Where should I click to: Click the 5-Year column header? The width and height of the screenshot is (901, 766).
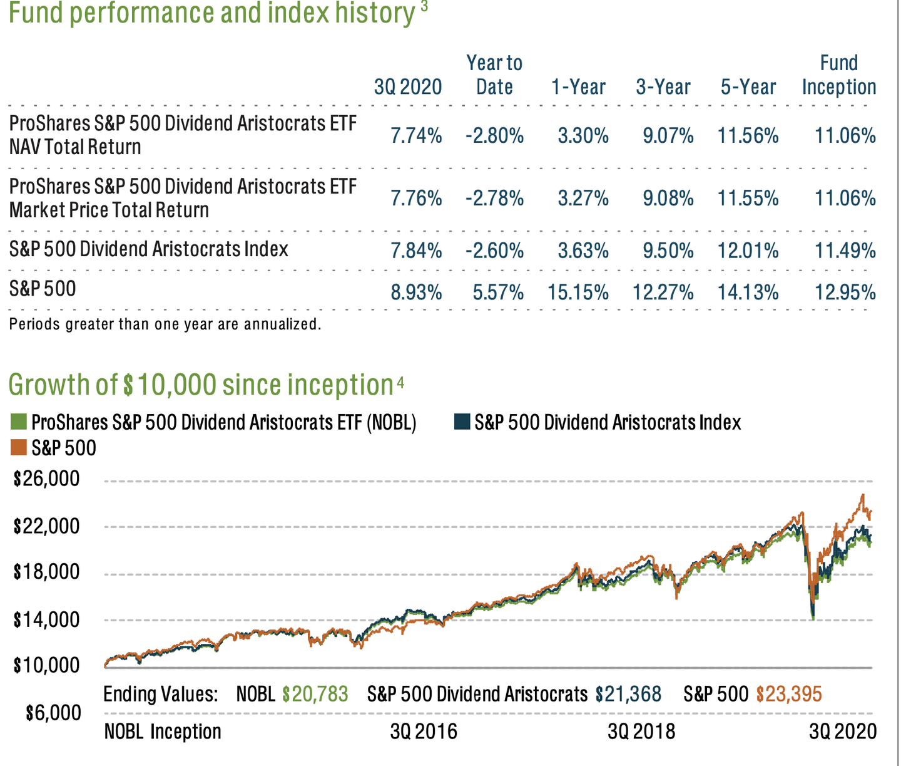(748, 86)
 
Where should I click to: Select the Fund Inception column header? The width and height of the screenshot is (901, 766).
(838, 75)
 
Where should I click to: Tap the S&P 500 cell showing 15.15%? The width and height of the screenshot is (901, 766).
(578, 292)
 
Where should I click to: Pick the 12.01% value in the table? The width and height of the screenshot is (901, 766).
(748, 251)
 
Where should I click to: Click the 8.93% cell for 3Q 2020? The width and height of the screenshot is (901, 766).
(416, 292)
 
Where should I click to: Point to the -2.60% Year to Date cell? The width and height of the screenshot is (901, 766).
(494, 251)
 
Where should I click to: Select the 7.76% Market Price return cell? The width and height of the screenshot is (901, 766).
(416, 199)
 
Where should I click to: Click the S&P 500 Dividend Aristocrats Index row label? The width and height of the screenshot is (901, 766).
(149, 249)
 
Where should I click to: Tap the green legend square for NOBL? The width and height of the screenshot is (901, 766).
(19, 422)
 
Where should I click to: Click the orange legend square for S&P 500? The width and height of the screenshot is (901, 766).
(19, 447)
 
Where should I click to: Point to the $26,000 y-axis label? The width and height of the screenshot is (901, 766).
(47, 479)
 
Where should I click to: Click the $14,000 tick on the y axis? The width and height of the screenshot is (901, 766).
(47, 619)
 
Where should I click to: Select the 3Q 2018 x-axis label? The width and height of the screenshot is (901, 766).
(641, 732)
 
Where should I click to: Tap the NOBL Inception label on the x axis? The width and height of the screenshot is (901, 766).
(163, 732)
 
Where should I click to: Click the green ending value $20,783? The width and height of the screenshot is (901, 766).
(315, 694)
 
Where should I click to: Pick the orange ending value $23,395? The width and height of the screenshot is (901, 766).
(788, 694)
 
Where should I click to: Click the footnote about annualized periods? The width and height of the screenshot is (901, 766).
(165, 324)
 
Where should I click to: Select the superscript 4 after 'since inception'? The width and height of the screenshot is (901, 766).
(400, 381)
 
